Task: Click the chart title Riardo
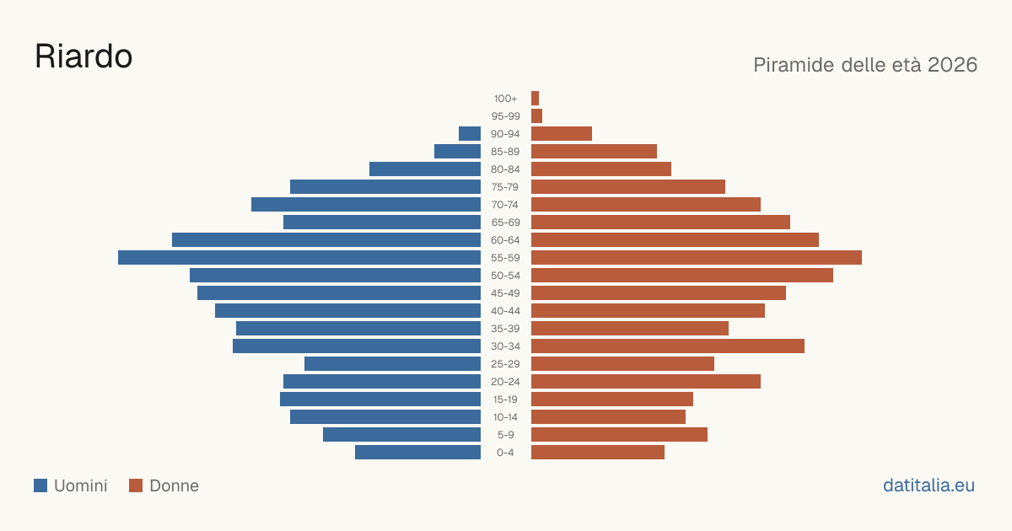[x=83, y=56]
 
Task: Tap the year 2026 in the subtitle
[x=952, y=65]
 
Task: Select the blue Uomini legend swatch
[x=40, y=485]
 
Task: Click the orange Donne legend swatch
[x=136, y=485]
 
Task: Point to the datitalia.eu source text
[x=929, y=485]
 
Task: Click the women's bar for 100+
[x=535, y=98]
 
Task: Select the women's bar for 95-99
[x=536, y=116]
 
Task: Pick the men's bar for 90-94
[x=470, y=134]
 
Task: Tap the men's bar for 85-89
[x=458, y=151]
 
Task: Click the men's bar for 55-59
[x=299, y=257]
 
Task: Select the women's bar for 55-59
[x=697, y=257]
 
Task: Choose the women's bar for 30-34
[x=668, y=346]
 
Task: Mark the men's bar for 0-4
[x=418, y=452]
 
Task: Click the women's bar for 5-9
[x=619, y=434]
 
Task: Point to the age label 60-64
[x=505, y=240]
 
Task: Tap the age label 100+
[x=505, y=99]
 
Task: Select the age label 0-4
[x=505, y=453]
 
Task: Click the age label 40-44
[x=505, y=311]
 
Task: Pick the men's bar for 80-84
[x=425, y=169]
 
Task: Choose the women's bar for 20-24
[x=646, y=381]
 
